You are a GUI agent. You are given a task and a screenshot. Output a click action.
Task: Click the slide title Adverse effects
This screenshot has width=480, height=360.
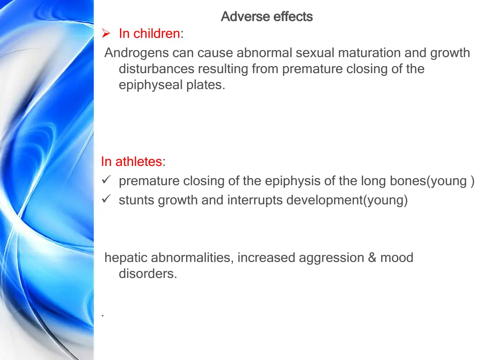tap(266, 17)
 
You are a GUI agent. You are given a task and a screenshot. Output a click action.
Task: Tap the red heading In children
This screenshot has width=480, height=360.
tap(149, 34)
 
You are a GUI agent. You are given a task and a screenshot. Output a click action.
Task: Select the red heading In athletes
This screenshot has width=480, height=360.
tap(131, 162)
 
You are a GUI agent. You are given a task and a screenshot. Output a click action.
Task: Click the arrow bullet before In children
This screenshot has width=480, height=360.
tap(106, 34)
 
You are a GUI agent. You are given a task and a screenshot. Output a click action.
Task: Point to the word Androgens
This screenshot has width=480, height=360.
tap(136, 53)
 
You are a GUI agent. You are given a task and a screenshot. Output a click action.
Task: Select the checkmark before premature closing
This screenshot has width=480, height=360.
tap(105, 181)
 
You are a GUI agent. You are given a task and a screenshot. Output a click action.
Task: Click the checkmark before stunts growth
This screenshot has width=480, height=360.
tap(105, 200)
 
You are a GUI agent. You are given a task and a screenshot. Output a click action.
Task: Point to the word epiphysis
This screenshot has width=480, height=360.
tap(293, 181)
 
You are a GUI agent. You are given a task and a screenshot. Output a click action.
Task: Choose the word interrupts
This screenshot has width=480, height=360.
tap(255, 201)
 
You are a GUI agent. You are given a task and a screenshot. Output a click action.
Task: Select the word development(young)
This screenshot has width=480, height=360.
tap(347, 201)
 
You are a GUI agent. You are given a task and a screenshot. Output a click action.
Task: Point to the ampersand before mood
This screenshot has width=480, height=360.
tap(372, 258)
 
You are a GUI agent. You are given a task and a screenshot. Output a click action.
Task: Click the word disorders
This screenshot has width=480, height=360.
tap(148, 274)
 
